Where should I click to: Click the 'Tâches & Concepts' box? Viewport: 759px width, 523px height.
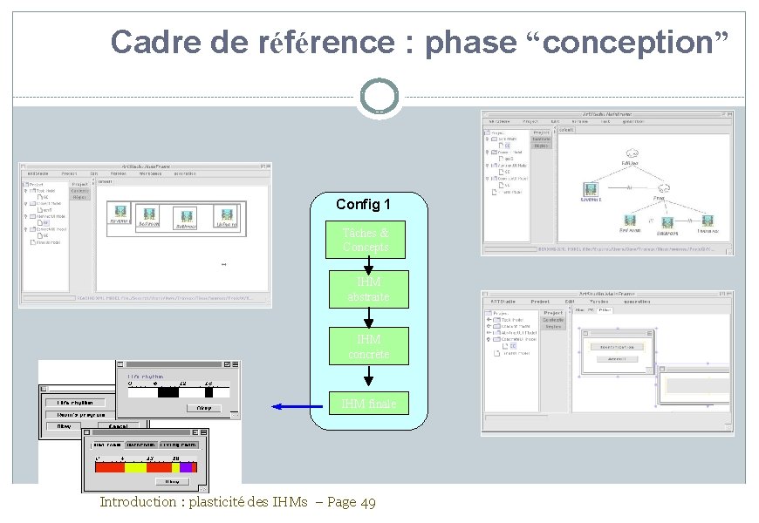(x=366, y=240)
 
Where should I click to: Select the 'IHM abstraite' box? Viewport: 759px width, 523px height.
(x=368, y=289)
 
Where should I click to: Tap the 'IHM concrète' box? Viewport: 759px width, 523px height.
(x=368, y=346)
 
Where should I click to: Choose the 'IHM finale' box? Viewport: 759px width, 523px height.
(x=368, y=403)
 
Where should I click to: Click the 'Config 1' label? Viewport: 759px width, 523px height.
(x=363, y=205)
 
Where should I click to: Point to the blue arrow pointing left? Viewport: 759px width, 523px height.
(x=297, y=406)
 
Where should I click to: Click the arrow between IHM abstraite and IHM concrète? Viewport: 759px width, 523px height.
(x=368, y=317)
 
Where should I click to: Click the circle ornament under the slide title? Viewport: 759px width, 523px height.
(x=379, y=96)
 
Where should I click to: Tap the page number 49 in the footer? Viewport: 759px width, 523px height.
(x=367, y=502)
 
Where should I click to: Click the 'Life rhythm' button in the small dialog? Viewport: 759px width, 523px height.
(x=79, y=403)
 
